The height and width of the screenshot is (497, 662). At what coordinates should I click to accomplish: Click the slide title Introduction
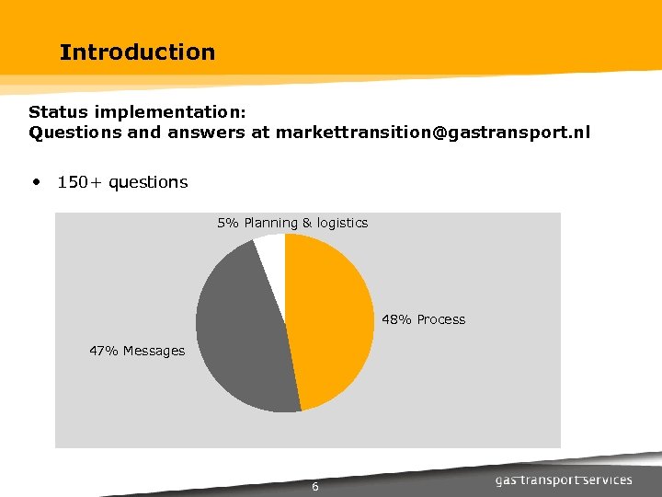(137, 52)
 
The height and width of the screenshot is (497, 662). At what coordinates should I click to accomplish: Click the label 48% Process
(423, 319)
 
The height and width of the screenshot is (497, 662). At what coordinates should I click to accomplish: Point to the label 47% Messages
(137, 351)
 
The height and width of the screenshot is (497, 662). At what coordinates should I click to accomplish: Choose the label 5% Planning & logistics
(292, 223)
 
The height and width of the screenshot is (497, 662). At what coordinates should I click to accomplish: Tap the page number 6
(314, 487)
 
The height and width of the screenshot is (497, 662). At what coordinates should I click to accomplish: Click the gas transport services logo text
(564, 480)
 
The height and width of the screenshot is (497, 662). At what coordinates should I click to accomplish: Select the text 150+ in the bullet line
(80, 182)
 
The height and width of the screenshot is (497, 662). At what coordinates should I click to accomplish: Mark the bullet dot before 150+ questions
(36, 182)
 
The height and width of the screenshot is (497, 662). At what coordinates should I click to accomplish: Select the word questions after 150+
(148, 182)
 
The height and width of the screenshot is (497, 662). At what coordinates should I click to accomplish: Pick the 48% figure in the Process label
(396, 319)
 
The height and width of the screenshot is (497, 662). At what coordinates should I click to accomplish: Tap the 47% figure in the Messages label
(103, 351)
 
